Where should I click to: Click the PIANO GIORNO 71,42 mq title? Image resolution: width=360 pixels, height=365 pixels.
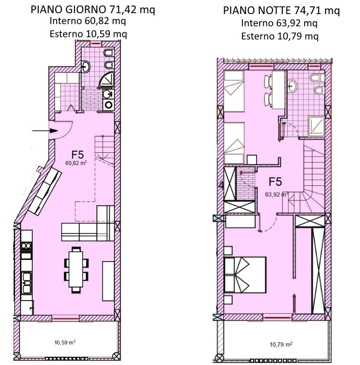(x=93, y=10)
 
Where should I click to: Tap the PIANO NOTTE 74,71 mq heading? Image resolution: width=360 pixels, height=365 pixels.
(x=281, y=11)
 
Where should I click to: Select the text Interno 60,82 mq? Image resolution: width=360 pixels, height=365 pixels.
(x=88, y=21)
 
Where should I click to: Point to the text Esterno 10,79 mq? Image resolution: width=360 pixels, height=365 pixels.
(x=280, y=36)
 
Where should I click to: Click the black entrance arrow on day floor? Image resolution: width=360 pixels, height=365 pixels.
(x=45, y=131)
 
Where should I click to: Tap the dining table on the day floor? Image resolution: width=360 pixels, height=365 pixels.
(x=76, y=270)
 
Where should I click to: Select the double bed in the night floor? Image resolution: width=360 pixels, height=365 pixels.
(x=245, y=275)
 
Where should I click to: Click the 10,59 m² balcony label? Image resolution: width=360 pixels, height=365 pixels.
(x=65, y=342)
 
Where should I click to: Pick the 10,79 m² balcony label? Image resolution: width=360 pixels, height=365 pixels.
(x=281, y=344)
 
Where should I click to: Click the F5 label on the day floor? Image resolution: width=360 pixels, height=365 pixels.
(x=78, y=155)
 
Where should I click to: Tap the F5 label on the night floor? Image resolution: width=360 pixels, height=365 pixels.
(x=275, y=182)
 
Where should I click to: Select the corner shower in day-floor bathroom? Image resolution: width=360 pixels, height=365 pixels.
(x=107, y=80)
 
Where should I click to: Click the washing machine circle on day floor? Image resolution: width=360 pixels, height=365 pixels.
(x=108, y=105)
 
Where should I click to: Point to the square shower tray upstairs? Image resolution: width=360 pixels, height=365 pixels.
(x=316, y=127)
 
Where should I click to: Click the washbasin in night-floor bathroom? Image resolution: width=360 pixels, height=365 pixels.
(x=292, y=86)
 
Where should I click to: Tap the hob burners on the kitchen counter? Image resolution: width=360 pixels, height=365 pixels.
(x=26, y=245)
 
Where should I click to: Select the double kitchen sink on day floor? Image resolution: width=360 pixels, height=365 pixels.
(x=27, y=283)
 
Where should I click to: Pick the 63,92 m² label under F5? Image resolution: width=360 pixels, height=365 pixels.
(x=277, y=194)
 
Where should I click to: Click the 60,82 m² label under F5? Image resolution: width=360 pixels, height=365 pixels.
(x=76, y=163)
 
